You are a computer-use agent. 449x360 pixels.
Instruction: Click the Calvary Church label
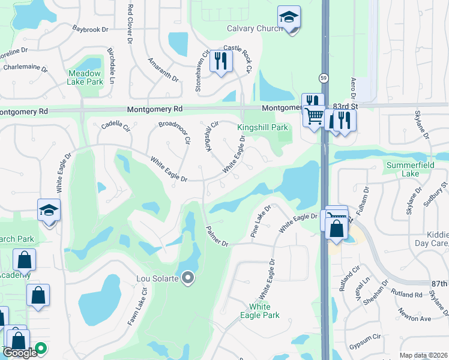251,29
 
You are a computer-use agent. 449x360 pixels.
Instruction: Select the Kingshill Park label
262,128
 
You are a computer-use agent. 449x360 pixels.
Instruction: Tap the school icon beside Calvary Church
289,18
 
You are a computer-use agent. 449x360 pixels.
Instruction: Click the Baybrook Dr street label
89,28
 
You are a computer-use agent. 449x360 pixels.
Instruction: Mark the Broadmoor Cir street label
174,132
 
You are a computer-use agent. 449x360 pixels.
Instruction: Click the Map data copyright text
423,355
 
